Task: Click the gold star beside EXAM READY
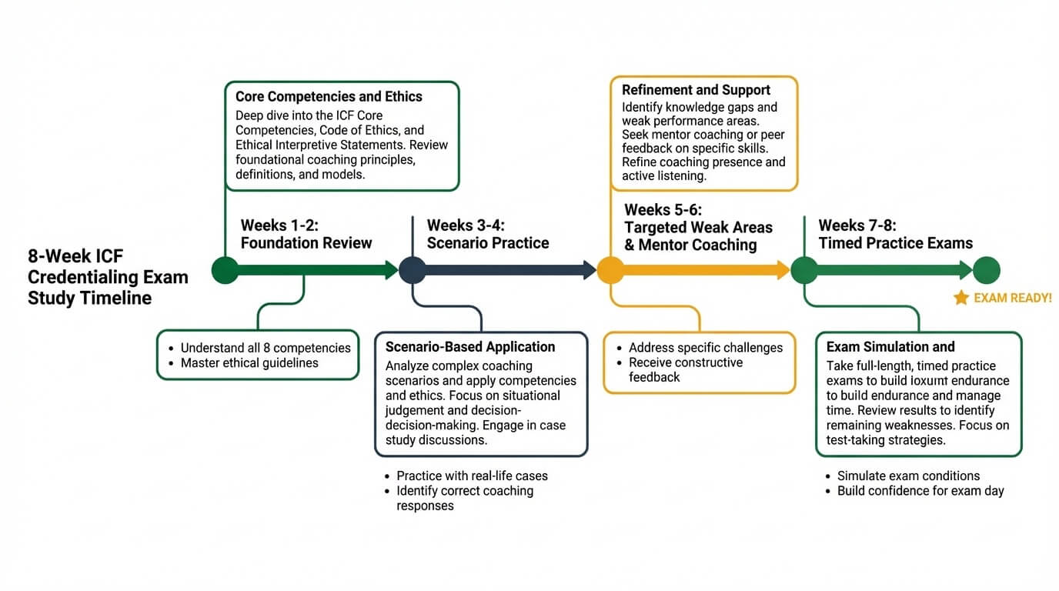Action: tap(961, 298)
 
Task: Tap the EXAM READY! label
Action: tap(1012, 298)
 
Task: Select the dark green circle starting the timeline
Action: tap(225, 270)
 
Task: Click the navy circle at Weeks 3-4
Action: tap(411, 270)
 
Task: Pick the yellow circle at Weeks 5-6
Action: tap(610, 270)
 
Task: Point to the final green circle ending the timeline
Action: tap(986, 270)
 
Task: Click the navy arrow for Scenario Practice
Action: tap(508, 270)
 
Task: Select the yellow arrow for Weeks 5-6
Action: tap(704, 270)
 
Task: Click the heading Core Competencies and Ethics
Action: tap(329, 97)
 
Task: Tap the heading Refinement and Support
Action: tap(696, 90)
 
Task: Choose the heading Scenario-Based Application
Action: tap(469, 347)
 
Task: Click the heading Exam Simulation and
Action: tap(890, 347)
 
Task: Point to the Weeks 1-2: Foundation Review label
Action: tap(306, 234)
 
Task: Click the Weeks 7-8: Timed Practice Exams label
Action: tap(895, 234)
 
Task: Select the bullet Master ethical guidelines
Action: tap(249, 363)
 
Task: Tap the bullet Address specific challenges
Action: tap(705, 348)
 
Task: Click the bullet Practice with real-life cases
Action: tap(472, 476)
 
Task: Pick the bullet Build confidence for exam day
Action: tap(920, 491)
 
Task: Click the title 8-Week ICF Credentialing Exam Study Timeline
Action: tap(108, 277)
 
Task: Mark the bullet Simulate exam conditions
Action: tap(908, 476)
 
